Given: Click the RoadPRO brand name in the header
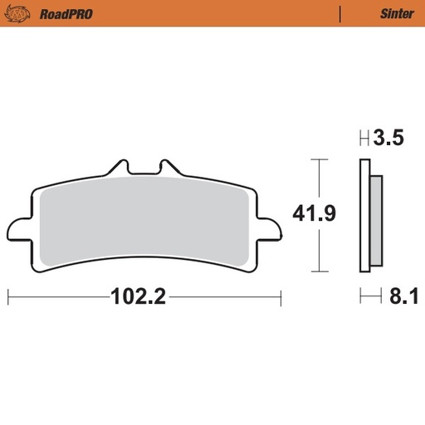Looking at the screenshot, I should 60,14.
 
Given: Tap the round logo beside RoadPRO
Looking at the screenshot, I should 18,14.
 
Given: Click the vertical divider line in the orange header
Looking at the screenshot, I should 340,14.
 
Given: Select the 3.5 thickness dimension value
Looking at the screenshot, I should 388,139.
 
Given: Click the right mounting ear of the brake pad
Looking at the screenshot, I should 271,227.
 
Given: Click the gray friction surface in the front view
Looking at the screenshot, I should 145,224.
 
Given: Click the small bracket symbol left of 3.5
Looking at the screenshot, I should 363,139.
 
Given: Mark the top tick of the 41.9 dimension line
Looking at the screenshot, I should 314,159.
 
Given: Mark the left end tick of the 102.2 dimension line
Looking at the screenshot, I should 8,296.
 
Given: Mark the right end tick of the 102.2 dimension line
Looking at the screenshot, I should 281,296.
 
